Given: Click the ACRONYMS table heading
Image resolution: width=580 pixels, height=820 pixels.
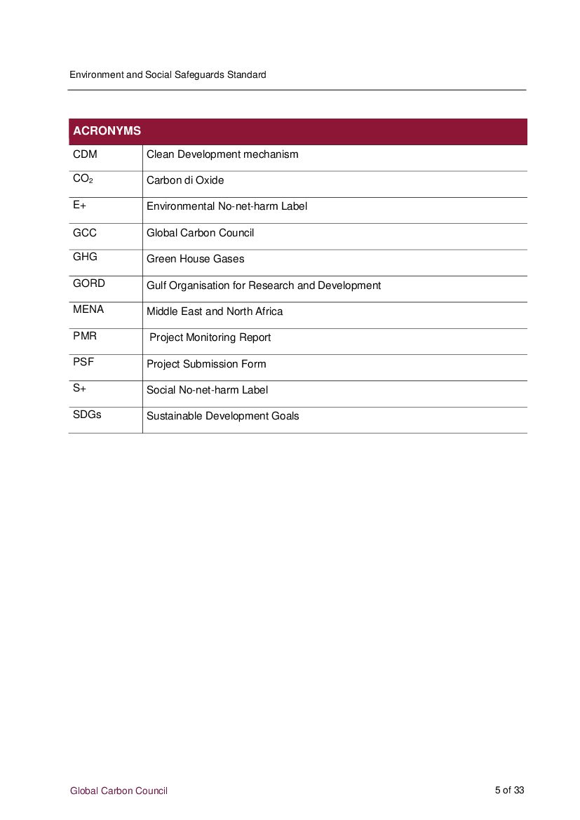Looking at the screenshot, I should (107, 131).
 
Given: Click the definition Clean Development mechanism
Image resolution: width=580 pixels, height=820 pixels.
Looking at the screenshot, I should (222, 154).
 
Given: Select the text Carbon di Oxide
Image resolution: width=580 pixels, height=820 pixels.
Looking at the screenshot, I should (185, 180).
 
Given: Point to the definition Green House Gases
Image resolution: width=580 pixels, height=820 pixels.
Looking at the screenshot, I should (196, 259).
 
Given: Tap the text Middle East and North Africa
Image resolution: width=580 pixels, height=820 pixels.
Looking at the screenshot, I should (215, 311).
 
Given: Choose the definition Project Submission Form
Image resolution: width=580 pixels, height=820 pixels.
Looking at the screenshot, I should (206, 364).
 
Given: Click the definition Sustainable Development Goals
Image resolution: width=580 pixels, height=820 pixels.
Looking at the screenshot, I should (222, 416).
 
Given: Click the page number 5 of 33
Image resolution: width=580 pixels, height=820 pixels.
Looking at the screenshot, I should (509, 790).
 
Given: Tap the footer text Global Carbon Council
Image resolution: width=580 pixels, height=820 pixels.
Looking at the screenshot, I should (119, 791).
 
